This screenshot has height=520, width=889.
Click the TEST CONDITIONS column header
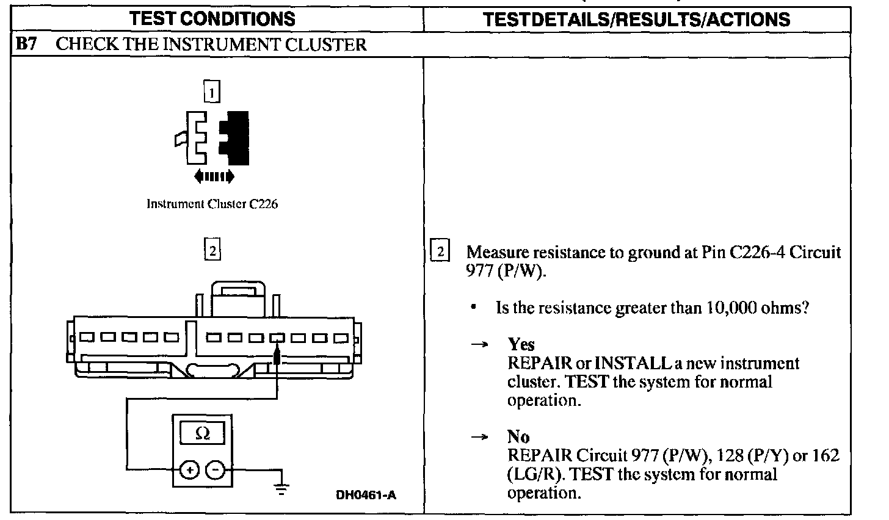(x=212, y=18)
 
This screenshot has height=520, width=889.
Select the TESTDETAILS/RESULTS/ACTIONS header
(x=636, y=19)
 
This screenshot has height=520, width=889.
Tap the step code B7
(x=26, y=45)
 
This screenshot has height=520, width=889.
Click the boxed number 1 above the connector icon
(x=211, y=93)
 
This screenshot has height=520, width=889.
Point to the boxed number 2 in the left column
(x=211, y=251)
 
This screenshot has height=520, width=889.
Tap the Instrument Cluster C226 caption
(x=212, y=204)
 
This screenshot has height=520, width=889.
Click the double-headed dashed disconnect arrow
(x=213, y=177)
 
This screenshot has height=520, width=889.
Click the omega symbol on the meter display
(x=203, y=434)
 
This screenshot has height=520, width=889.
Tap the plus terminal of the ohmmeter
(x=190, y=469)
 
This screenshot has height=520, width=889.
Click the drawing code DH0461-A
(x=366, y=495)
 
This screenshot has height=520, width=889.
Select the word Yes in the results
(x=521, y=344)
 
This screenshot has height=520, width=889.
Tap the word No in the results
(x=518, y=437)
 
